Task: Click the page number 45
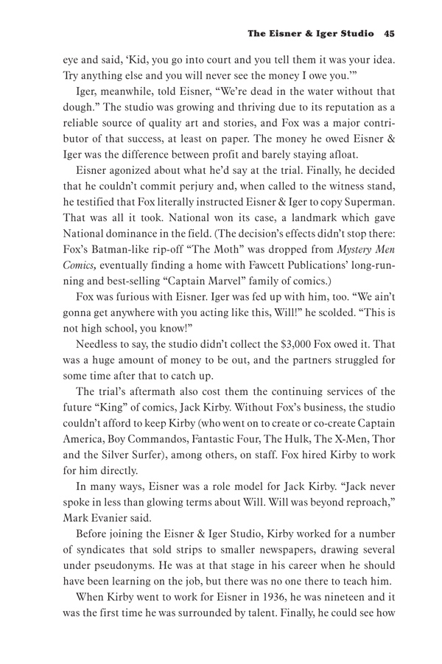tap(390, 33)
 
